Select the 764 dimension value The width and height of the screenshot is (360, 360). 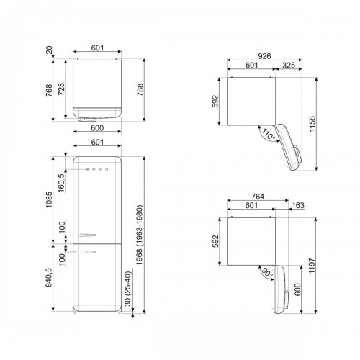pos(253,197)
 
